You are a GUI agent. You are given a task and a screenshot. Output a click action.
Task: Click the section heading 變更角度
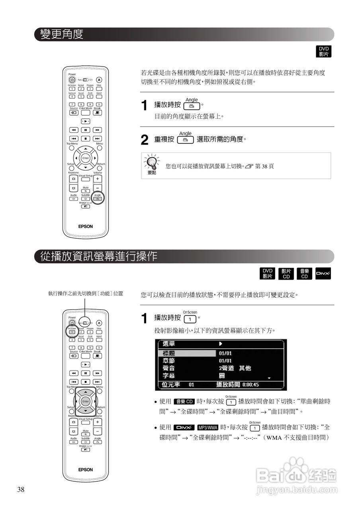(x=62, y=34)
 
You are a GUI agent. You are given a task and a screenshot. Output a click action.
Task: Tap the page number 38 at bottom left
(x=21, y=490)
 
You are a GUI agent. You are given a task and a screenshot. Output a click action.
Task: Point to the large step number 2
(x=145, y=140)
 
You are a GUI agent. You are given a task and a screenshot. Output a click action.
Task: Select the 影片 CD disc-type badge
(x=286, y=274)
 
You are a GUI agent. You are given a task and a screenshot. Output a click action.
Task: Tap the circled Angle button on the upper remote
(x=98, y=198)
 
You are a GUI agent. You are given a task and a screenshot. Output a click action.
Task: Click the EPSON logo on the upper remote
(x=85, y=226)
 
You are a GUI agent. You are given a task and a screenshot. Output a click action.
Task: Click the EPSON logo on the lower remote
(x=85, y=469)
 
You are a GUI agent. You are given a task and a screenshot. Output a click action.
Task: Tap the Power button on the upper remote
(x=72, y=80)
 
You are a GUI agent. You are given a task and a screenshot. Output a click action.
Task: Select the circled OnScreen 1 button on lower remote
(x=72, y=331)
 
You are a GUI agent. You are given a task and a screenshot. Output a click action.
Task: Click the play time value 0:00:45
(x=250, y=385)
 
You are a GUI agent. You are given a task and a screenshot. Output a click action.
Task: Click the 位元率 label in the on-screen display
(x=171, y=385)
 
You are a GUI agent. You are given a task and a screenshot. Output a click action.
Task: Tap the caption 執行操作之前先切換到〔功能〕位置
(x=85, y=294)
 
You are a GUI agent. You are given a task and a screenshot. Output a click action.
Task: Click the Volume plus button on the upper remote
(x=98, y=179)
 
